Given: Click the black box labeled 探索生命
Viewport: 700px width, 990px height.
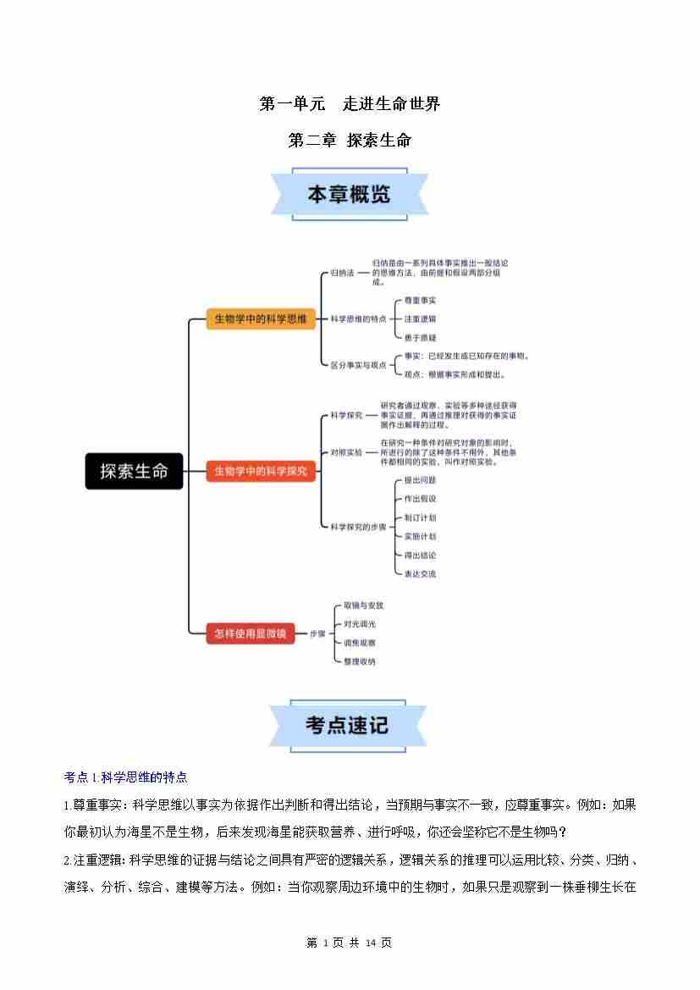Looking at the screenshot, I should (x=134, y=471).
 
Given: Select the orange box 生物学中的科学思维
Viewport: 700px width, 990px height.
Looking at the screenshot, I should (x=261, y=319).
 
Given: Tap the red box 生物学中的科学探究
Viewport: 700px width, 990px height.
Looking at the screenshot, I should (x=261, y=470).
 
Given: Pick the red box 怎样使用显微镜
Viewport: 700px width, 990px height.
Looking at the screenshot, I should (x=251, y=633).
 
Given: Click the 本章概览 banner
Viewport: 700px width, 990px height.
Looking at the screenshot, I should (x=349, y=195).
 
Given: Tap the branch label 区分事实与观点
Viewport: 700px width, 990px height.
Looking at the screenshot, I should (x=358, y=365).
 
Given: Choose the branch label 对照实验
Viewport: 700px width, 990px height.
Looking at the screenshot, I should (x=345, y=453).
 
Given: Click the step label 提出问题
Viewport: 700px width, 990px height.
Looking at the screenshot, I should (x=420, y=480).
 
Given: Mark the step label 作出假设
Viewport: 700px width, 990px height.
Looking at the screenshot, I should (x=420, y=499).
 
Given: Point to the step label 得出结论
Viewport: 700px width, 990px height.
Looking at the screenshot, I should (x=420, y=555).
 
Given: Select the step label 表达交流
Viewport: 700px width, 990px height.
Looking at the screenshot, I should (x=420, y=573).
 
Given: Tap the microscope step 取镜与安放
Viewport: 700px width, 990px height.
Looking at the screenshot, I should (x=363, y=606).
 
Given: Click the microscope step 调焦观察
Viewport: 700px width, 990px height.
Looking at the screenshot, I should (x=360, y=643).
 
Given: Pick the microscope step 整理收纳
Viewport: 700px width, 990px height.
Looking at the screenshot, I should (x=360, y=661).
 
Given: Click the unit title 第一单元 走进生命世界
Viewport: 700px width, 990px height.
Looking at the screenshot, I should (x=350, y=104).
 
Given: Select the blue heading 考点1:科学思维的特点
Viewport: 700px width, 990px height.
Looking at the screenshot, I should (x=125, y=777).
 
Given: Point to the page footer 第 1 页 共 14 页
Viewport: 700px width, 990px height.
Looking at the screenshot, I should (x=349, y=943).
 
